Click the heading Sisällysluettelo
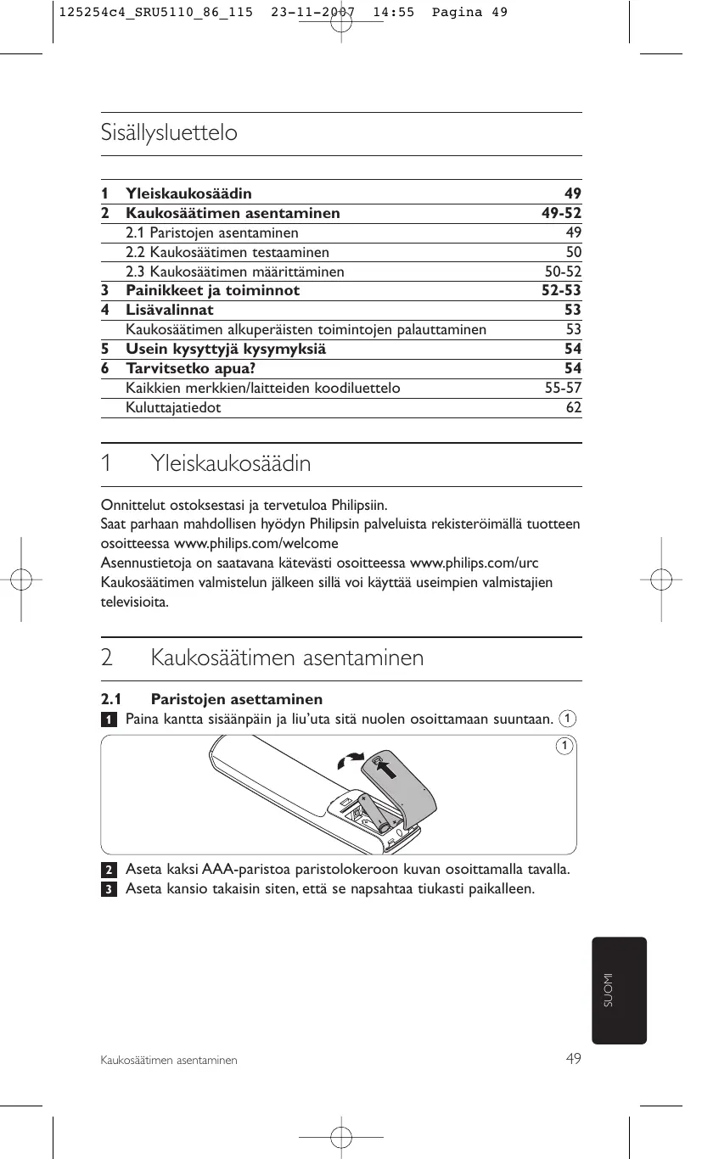click(x=169, y=133)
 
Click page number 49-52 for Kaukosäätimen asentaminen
click(x=561, y=213)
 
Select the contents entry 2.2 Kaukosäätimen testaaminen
click(x=227, y=252)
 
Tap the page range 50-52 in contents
click(x=562, y=272)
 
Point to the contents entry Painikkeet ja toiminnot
click(x=212, y=290)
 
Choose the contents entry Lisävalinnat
click(x=170, y=310)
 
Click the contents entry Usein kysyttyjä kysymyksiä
click(x=225, y=349)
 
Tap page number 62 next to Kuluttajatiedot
click(x=574, y=407)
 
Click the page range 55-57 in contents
click(x=562, y=388)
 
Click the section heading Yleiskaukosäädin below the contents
click(x=231, y=464)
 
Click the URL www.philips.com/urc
click(x=475, y=563)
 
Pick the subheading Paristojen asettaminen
click(x=236, y=700)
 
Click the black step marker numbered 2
click(x=109, y=871)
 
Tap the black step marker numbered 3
click(x=109, y=889)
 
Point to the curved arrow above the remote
click(x=350, y=759)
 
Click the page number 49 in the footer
click(x=574, y=1058)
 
